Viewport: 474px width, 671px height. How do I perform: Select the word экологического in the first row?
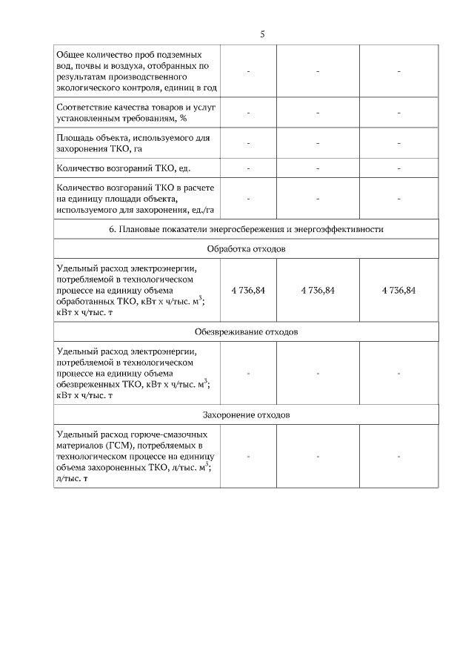click(91, 87)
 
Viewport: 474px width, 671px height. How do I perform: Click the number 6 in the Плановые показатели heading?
click(112, 229)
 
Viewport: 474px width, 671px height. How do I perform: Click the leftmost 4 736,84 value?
click(248, 291)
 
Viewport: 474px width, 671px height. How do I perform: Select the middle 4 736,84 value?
click(318, 291)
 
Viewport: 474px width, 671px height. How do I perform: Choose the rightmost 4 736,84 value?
click(398, 291)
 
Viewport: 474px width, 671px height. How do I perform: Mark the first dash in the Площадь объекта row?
click(248, 143)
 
